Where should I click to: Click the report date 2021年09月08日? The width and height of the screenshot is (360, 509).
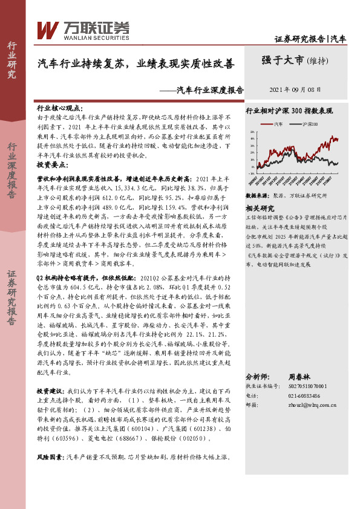pyautogui.click(x=295, y=88)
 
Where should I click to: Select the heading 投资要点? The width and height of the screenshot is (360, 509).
pyautogui.click(x=51, y=164)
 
